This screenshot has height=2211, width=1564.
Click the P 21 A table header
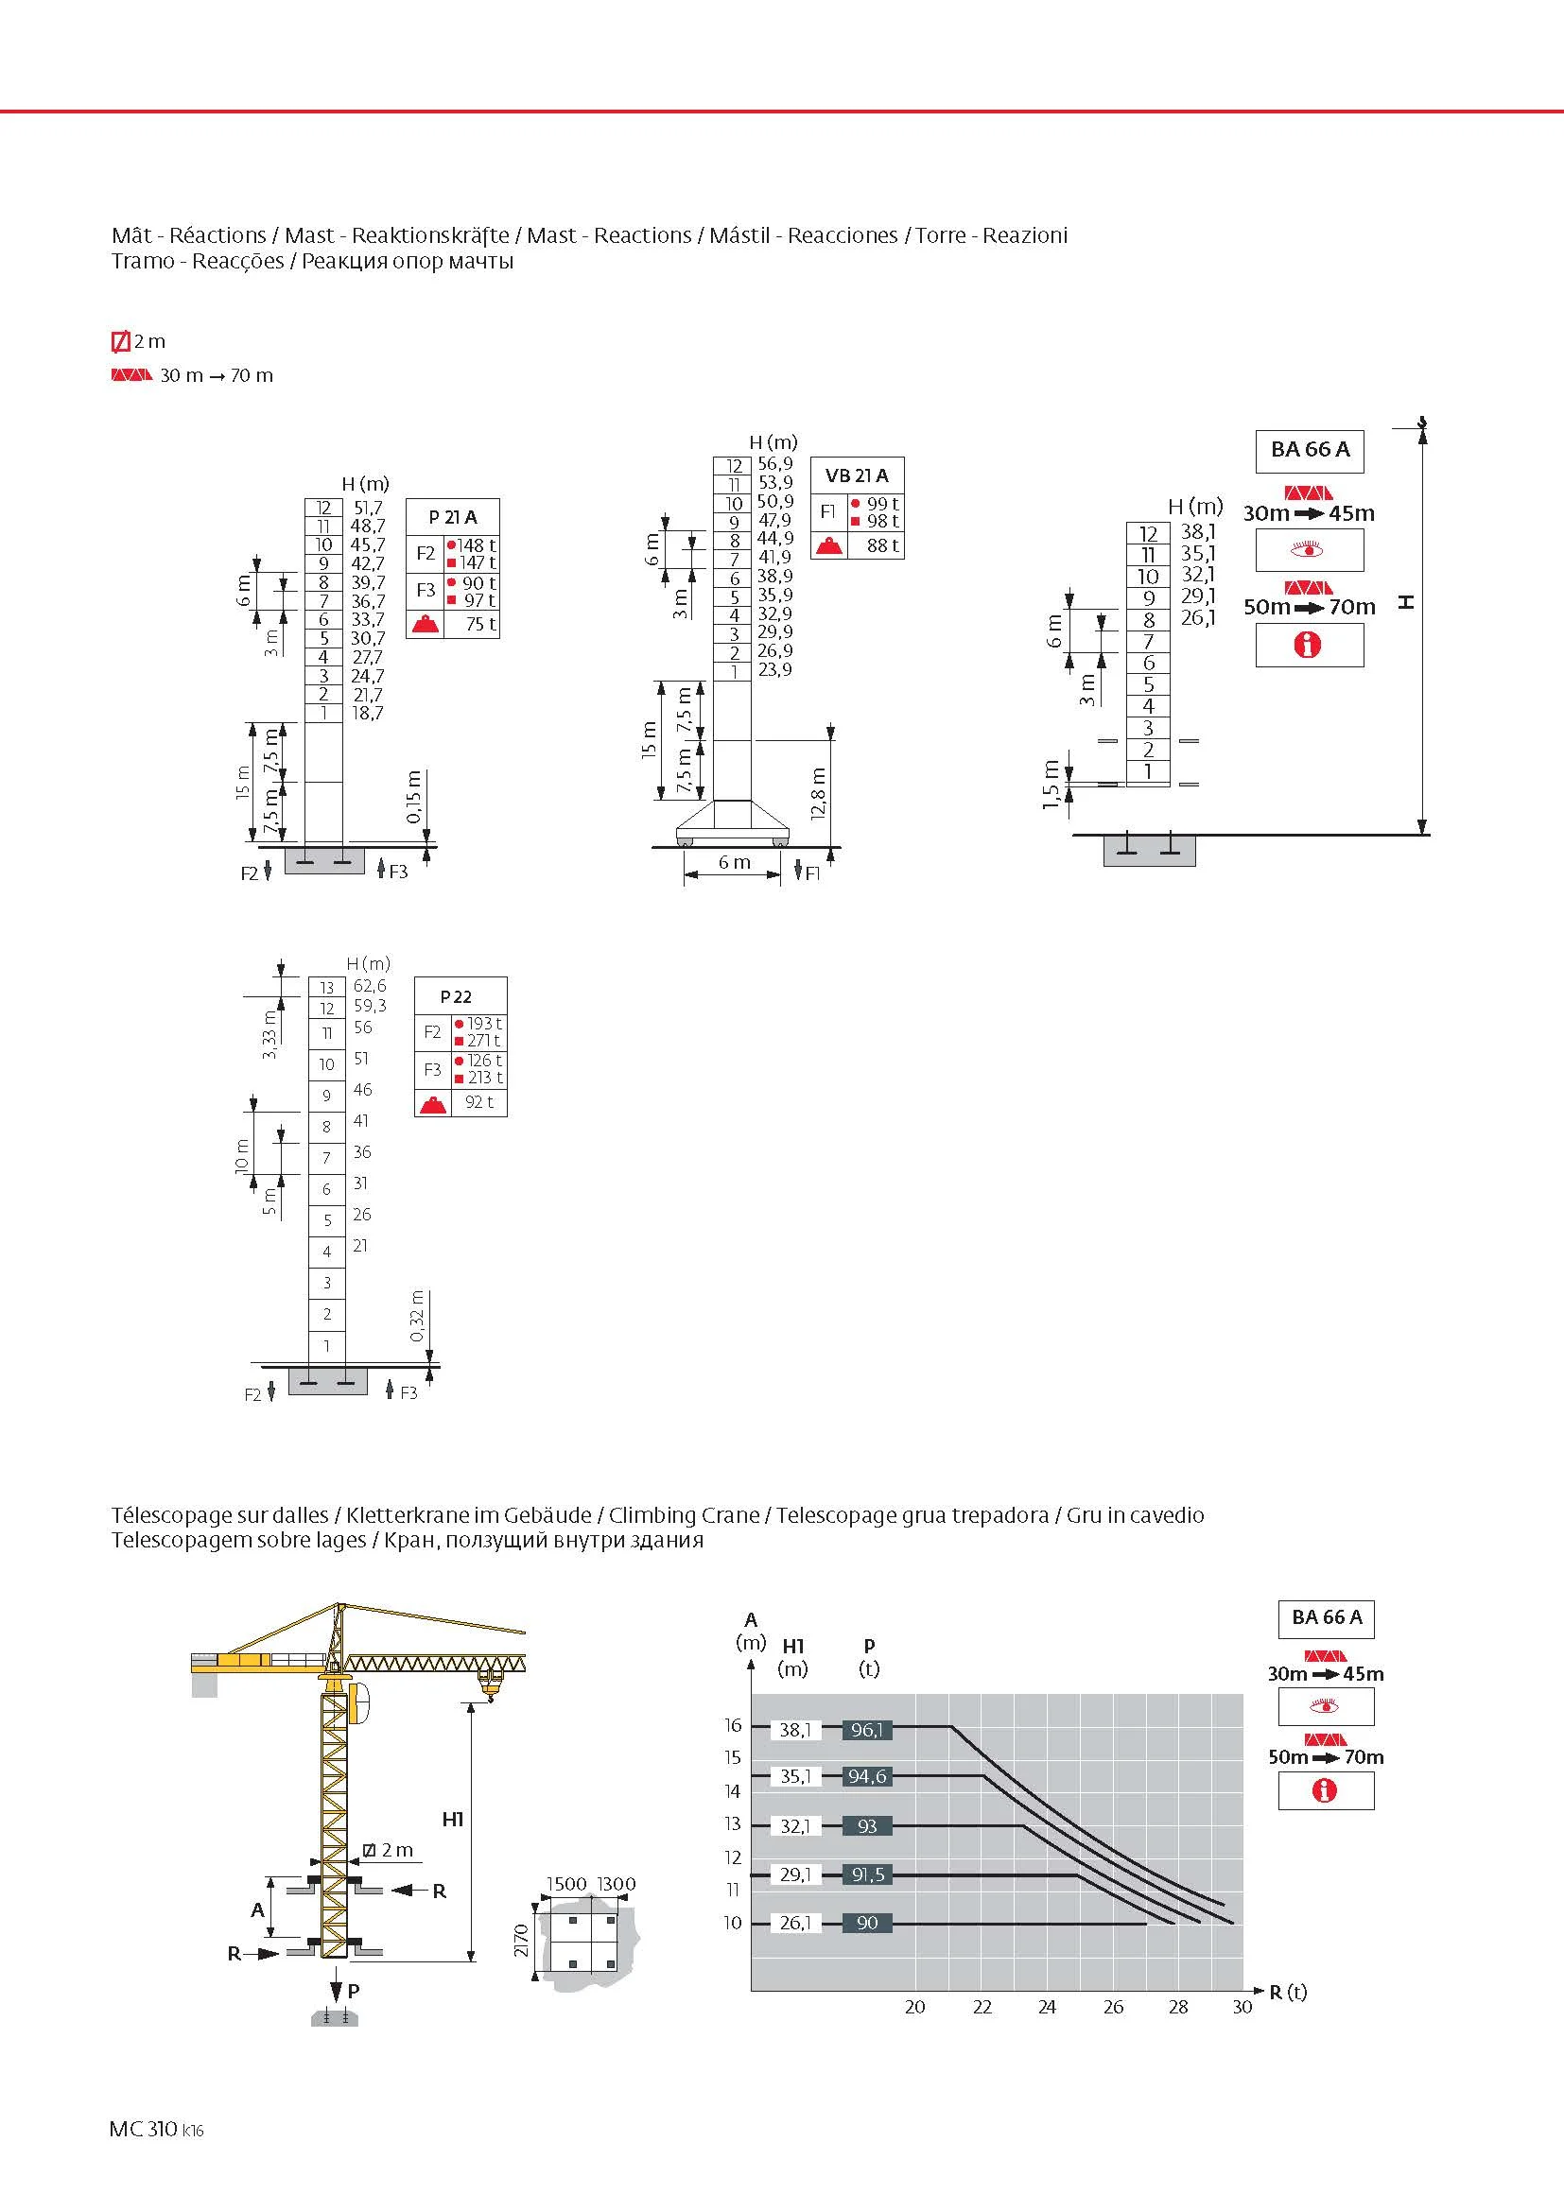pyautogui.click(x=453, y=517)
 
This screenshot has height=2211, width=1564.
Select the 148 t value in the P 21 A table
pyautogui.click(x=476, y=545)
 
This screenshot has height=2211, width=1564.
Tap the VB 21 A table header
pyautogui.click(x=856, y=475)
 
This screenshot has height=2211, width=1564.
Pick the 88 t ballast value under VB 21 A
pyautogui.click(x=882, y=545)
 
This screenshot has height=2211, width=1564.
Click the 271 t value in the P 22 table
pyautogui.click(x=482, y=1040)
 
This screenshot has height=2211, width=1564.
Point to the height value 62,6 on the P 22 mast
pyautogui.click(x=370, y=985)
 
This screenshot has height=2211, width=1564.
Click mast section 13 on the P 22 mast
pyautogui.click(x=327, y=987)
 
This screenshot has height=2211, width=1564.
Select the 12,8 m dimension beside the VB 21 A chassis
pyautogui.click(x=819, y=792)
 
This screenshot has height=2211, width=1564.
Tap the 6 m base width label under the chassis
pyautogui.click(x=734, y=862)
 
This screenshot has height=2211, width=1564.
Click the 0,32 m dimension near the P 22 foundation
pyautogui.click(x=417, y=1316)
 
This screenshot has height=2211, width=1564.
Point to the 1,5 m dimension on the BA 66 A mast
pyautogui.click(x=1051, y=785)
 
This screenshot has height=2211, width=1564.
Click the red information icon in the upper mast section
pyautogui.click(x=1308, y=646)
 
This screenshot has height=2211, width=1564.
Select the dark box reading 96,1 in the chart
pyautogui.click(x=867, y=1730)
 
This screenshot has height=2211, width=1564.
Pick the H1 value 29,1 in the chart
pyautogui.click(x=795, y=1874)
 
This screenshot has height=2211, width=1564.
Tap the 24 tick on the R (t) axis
pyautogui.click(x=1047, y=2007)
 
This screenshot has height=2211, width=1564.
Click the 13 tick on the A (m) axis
pyautogui.click(x=733, y=1822)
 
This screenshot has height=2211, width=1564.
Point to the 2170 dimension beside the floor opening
pyautogui.click(x=521, y=1937)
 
